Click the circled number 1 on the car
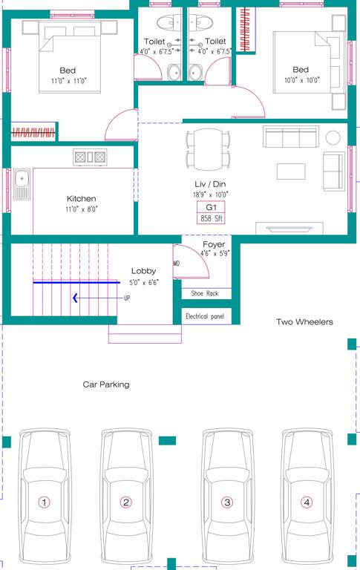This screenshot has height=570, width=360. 45,502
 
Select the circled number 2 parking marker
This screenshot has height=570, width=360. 126,502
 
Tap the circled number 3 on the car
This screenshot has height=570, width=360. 228,502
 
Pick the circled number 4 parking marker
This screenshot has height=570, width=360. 307,502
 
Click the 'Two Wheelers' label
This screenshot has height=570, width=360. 304,322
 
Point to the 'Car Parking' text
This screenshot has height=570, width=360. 105,384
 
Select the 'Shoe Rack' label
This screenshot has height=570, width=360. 205,294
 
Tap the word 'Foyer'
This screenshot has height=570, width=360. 215,244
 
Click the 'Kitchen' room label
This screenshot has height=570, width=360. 82,199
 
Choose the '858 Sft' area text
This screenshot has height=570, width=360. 212,218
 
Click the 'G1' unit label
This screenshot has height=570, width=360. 211,206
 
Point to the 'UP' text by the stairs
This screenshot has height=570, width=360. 127,298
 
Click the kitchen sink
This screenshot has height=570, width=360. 22,184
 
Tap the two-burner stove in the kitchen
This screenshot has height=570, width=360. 89,157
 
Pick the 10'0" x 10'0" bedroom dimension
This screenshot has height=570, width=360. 301,80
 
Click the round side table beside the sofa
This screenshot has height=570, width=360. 333,137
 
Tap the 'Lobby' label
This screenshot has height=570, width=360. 143,271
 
